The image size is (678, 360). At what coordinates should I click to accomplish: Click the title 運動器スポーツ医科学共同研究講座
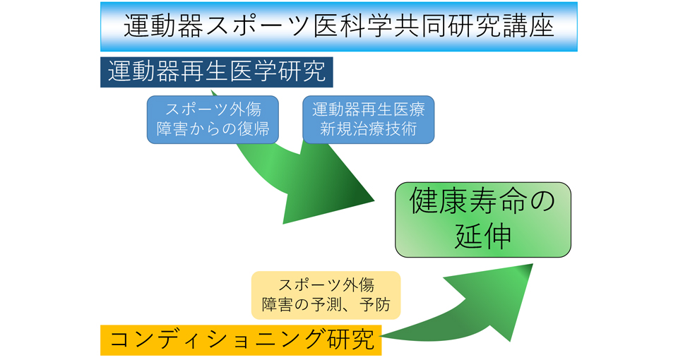339,27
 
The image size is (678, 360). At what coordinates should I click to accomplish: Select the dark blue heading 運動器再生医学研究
217,71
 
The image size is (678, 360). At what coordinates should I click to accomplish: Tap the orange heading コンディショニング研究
241,340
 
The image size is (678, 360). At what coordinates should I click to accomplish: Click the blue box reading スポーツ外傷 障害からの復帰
213,120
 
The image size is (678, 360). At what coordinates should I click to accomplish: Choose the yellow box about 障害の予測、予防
326,296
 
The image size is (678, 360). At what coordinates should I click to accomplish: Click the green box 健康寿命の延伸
482,220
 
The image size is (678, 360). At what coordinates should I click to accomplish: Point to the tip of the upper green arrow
374,200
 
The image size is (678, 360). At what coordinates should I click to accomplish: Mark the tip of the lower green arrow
531,265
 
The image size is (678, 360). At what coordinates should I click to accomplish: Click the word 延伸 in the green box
483,237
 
